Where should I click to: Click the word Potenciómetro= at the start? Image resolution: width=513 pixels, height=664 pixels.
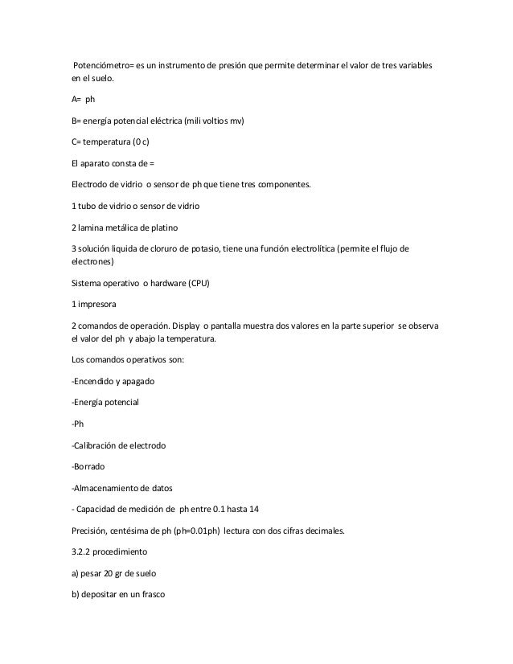pyautogui.click(x=107, y=64)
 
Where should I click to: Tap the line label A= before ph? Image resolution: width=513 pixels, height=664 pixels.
pyautogui.click(x=76, y=100)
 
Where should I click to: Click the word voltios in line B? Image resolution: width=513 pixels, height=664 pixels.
pyautogui.click(x=212, y=121)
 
